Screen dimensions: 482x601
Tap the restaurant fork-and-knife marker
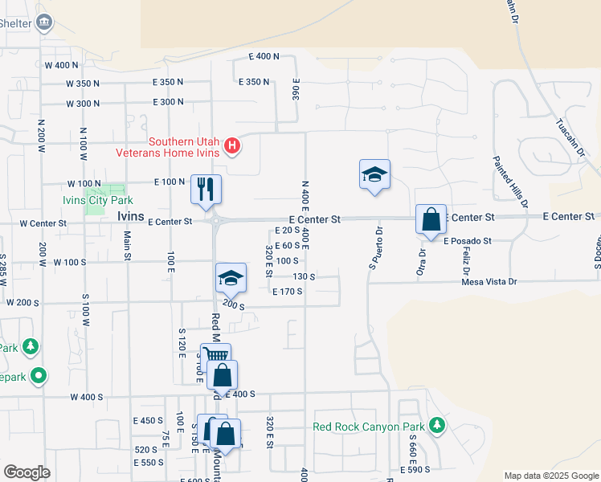pos(206,189)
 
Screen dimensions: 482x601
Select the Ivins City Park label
pos(97,200)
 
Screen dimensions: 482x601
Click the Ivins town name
pos(130,217)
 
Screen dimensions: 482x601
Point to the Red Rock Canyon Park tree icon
pos(436,425)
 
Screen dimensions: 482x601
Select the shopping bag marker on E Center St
pos(431,219)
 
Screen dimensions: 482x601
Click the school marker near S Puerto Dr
pos(374,174)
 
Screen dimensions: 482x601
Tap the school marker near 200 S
pos(231,278)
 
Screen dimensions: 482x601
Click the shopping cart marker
pos(215,355)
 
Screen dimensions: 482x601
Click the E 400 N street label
pos(264,56)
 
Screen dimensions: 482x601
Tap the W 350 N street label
pos(72,84)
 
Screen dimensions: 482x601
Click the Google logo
pos(27,472)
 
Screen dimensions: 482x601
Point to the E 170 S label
pos(287,292)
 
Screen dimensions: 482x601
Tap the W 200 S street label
pos(22,303)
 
